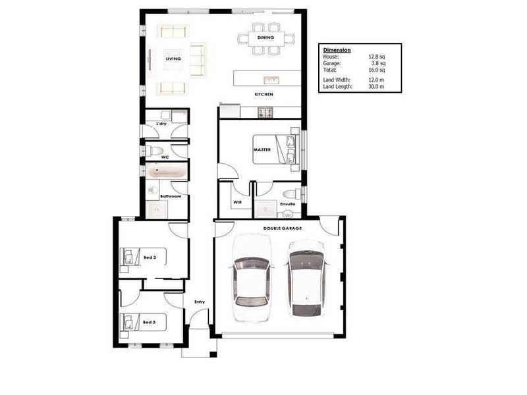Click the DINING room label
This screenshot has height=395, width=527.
pyautogui.click(x=265, y=38)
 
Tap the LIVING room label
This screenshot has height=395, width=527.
pyautogui.click(x=173, y=59)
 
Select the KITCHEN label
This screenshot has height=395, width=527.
pyautogui.click(x=264, y=95)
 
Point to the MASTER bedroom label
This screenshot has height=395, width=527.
pyautogui.click(x=262, y=149)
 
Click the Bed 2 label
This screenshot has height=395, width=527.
pyautogui.click(x=150, y=257)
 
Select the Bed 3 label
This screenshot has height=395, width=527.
pyautogui.click(x=150, y=323)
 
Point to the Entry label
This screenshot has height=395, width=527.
pyautogui.click(x=199, y=302)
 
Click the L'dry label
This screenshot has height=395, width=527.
pyautogui.click(x=161, y=124)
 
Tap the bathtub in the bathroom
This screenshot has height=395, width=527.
pyautogui.click(x=165, y=172)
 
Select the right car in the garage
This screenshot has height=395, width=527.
pyautogui.click(x=306, y=276)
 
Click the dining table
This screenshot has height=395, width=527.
pyautogui.click(x=266, y=38)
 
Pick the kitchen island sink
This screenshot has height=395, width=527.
pyautogui.click(x=271, y=80)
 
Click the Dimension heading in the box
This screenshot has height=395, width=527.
pyautogui.click(x=337, y=50)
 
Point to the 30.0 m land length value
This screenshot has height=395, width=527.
pyautogui.click(x=376, y=86)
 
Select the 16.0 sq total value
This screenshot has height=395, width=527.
pyautogui.click(x=376, y=68)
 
